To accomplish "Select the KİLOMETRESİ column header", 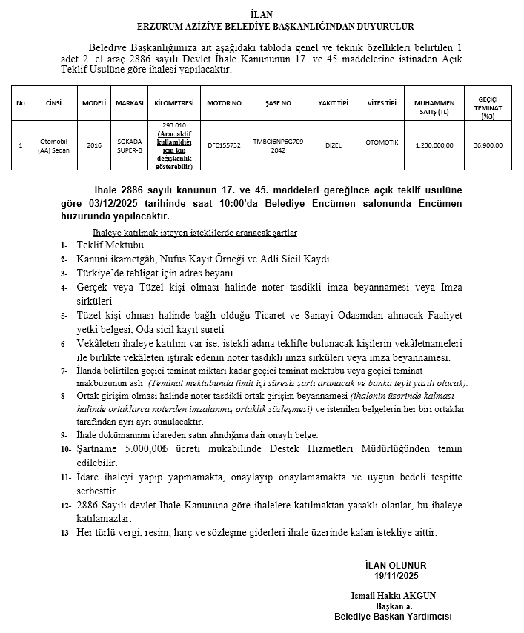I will [x=173, y=102].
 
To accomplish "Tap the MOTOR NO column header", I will [x=224, y=102].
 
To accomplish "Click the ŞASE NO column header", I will [x=278, y=102].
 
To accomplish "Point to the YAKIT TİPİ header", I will [x=334, y=102].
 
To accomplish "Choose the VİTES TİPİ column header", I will [x=382, y=102].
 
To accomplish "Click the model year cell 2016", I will [x=94, y=145].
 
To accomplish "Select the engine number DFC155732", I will [x=224, y=145].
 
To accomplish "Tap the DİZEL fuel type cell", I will [x=334, y=145].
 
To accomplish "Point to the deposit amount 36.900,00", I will [x=488, y=145].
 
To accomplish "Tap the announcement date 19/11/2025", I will [x=397, y=575].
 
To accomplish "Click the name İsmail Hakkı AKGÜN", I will [x=393, y=595].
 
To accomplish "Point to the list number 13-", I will [x=66, y=533].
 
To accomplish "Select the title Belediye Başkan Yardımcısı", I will [x=393, y=616].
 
